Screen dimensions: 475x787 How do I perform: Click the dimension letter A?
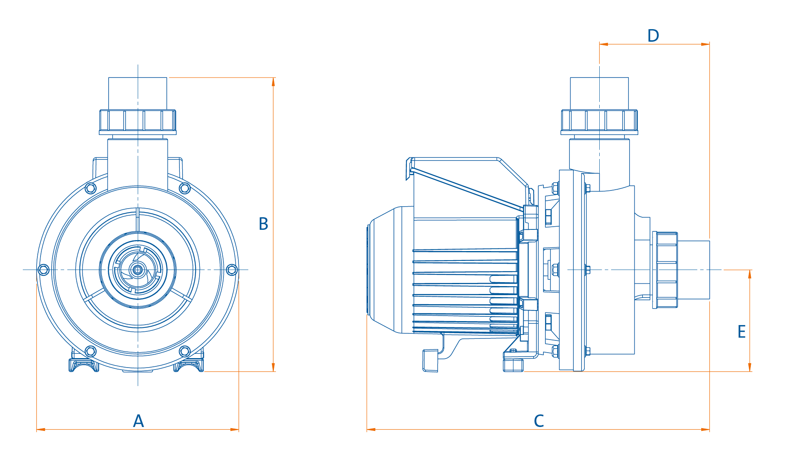139,421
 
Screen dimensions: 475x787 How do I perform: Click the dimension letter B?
263,224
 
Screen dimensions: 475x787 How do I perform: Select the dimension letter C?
539,421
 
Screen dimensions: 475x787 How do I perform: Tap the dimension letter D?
653,36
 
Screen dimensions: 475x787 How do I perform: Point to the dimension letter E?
741,332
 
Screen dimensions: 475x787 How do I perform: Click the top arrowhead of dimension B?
273,82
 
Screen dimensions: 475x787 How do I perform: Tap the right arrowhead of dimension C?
706,429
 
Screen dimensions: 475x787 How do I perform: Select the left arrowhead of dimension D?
604,44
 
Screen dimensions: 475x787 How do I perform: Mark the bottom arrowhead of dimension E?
750,367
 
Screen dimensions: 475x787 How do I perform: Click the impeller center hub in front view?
138,270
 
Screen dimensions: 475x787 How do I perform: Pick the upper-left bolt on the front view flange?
91,189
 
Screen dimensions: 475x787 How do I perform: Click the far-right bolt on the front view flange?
232,270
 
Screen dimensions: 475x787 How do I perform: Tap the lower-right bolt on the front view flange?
185,351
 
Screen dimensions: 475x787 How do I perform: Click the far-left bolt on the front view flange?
44,270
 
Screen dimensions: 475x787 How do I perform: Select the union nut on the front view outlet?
138,121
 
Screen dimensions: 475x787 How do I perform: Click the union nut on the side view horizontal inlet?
665,270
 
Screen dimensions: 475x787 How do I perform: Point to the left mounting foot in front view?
84,365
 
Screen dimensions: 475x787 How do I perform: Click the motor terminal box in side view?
464,185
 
